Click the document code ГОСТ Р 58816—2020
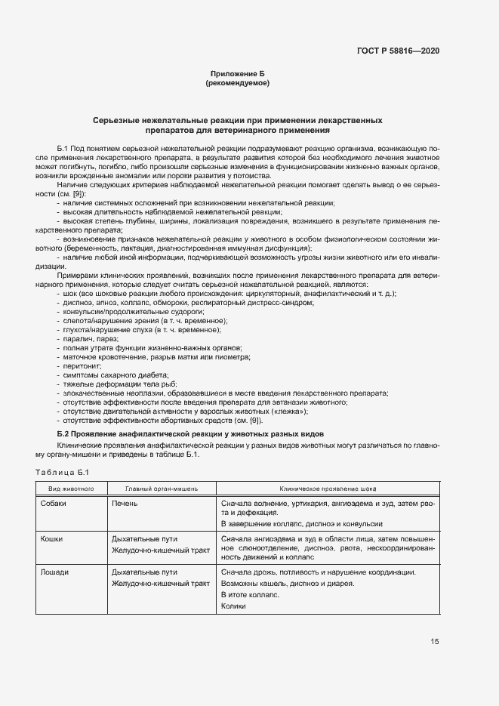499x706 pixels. point(398,51)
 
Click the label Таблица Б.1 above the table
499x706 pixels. point(63,473)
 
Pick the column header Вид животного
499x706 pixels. point(71,489)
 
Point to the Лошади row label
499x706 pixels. point(54,572)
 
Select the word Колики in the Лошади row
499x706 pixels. point(234,606)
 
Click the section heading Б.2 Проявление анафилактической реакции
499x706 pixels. point(191,434)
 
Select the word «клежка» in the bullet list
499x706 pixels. point(288,412)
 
